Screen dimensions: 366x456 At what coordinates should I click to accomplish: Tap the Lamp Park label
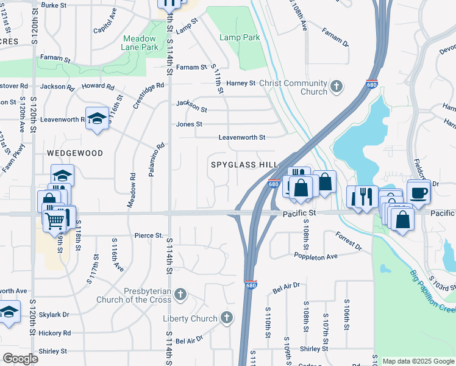coord(240,37)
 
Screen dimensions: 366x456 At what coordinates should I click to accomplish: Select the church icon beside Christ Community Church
coord(337,87)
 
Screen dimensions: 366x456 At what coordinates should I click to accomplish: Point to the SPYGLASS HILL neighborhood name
coord(244,165)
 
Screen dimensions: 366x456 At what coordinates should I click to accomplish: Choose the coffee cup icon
coord(418,192)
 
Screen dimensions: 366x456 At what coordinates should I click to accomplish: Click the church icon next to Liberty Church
coord(226,318)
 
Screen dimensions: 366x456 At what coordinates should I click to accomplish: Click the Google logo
coord(20,359)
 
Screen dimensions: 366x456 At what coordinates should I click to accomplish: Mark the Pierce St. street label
coord(149,235)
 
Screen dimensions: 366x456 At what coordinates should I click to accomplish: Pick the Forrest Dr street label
coord(348,240)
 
